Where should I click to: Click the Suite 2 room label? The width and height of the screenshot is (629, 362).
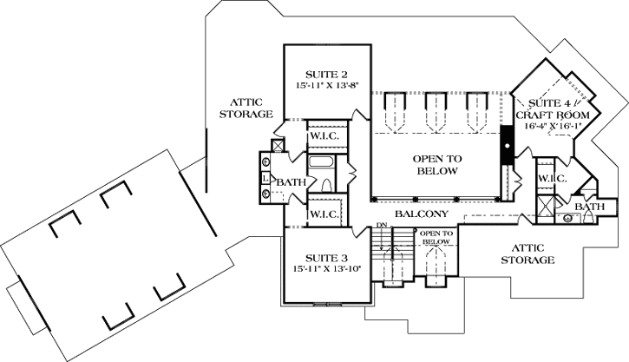(326, 73)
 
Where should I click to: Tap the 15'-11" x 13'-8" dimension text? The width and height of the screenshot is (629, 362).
(327, 85)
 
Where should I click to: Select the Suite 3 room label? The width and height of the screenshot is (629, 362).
(326, 258)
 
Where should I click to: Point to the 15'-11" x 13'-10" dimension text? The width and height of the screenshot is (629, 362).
(326, 269)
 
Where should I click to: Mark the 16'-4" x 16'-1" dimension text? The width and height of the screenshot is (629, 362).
(553, 127)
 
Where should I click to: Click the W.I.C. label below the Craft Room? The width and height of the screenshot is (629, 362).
(552, 179)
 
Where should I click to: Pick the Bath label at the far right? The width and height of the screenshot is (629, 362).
(590, 207)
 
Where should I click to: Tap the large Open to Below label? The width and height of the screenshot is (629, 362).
(436, 165)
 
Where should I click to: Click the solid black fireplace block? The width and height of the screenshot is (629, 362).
(506, 146)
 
